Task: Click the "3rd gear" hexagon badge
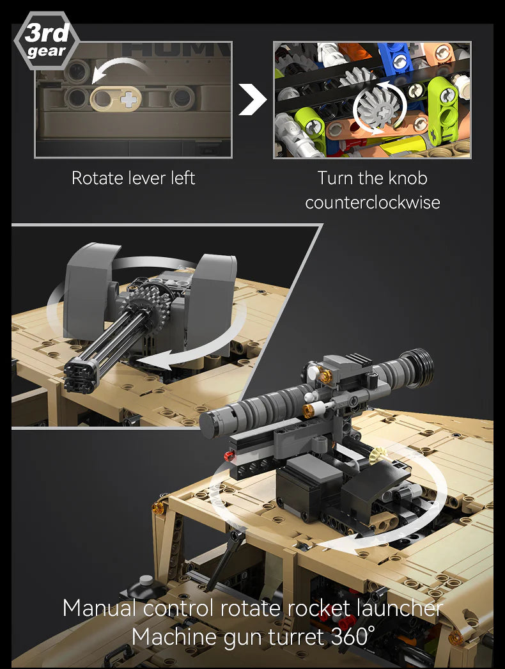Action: click(46, 42)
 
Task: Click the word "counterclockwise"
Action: click(372, 203)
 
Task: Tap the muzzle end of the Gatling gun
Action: click(81, 373)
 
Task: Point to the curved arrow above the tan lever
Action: click(121, 68)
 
